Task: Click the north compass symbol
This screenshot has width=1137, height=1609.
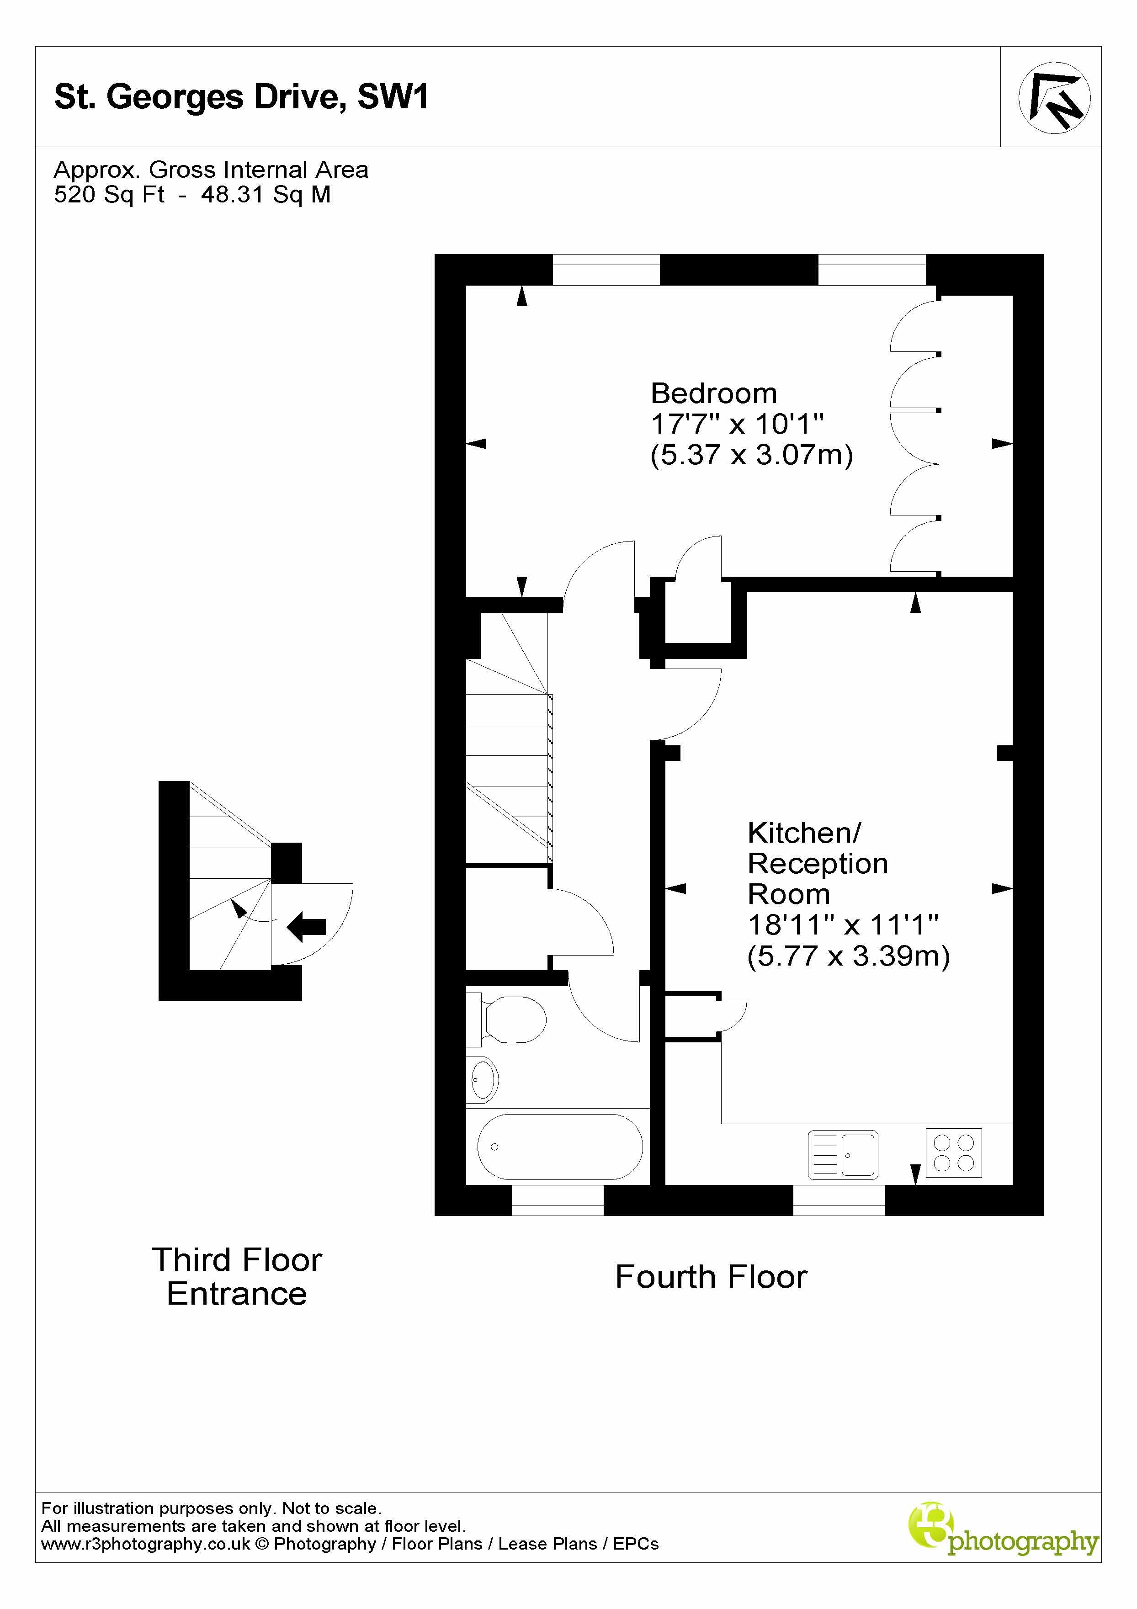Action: click(1053, 98)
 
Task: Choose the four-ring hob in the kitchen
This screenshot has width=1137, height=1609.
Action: click(953, 1153)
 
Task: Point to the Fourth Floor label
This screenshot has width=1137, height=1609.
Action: click(711, 1277)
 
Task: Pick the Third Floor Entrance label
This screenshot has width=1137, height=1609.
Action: click(237, 1277)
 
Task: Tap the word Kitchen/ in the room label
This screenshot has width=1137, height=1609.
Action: click(804, 833)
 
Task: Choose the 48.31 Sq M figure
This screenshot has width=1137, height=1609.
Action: click(266, 195)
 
